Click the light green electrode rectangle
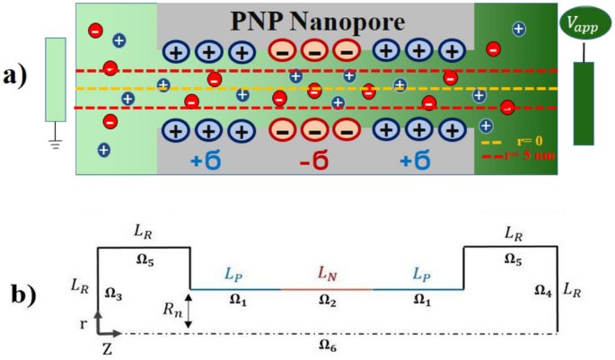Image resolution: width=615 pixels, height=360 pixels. [x=56, y=79]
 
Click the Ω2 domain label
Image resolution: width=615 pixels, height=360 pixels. [x=327, y=301]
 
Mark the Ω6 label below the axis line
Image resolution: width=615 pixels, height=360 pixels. [x=327, y=344]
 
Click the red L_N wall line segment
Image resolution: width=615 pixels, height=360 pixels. [x=327, y=289]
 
